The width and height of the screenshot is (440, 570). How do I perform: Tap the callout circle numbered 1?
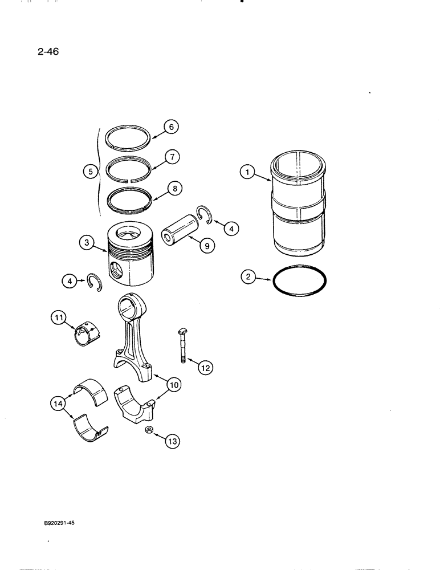pyautogui.click(x=246, y=170)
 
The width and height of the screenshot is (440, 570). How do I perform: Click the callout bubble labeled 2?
pyautogui.click(x=247, y=278)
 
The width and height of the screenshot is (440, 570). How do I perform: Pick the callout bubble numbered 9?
pyautogui.click(x=206, y=246)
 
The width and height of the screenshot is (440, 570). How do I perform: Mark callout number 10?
pyautogui.click(x=173, y=385)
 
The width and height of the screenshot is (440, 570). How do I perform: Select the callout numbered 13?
pyautogui.click(x=172, y=440)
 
